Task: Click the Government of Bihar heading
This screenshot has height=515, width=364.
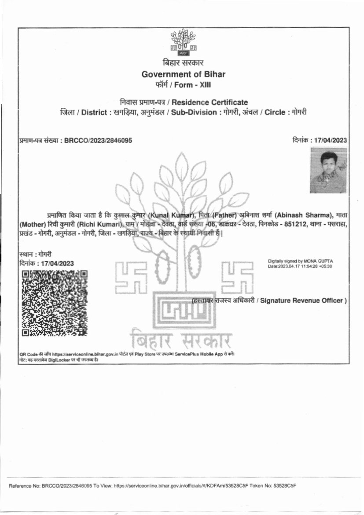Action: point(183,74)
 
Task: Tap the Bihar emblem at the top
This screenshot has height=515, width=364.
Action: point(183,42)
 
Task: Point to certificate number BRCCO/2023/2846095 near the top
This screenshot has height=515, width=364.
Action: point(98,141)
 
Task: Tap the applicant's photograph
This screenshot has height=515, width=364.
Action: point(328,170)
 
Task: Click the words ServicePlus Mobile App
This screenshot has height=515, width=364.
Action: point(198,354)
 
